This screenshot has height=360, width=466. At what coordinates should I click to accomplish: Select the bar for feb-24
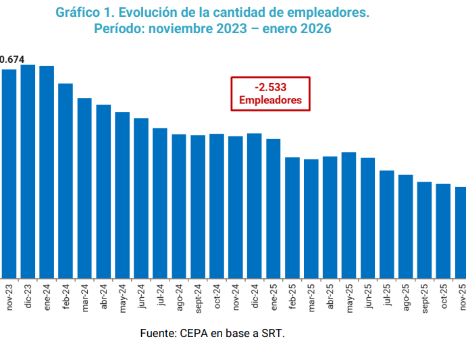coord(66,180)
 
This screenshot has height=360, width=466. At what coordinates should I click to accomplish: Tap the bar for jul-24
coord(160,203)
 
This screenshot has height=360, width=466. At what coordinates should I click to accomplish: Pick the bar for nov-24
coord(236,207)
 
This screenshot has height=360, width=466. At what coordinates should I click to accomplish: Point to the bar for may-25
coord(349,215)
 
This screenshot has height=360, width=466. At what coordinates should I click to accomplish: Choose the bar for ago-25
coord(406,226)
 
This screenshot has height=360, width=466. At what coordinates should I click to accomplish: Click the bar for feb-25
coord(292,217)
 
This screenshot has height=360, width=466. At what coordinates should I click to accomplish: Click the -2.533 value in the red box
coord(270,88)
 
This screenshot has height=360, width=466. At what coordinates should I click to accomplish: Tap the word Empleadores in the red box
coord(270,101)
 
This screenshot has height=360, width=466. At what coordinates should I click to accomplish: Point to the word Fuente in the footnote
coord(157,333)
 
